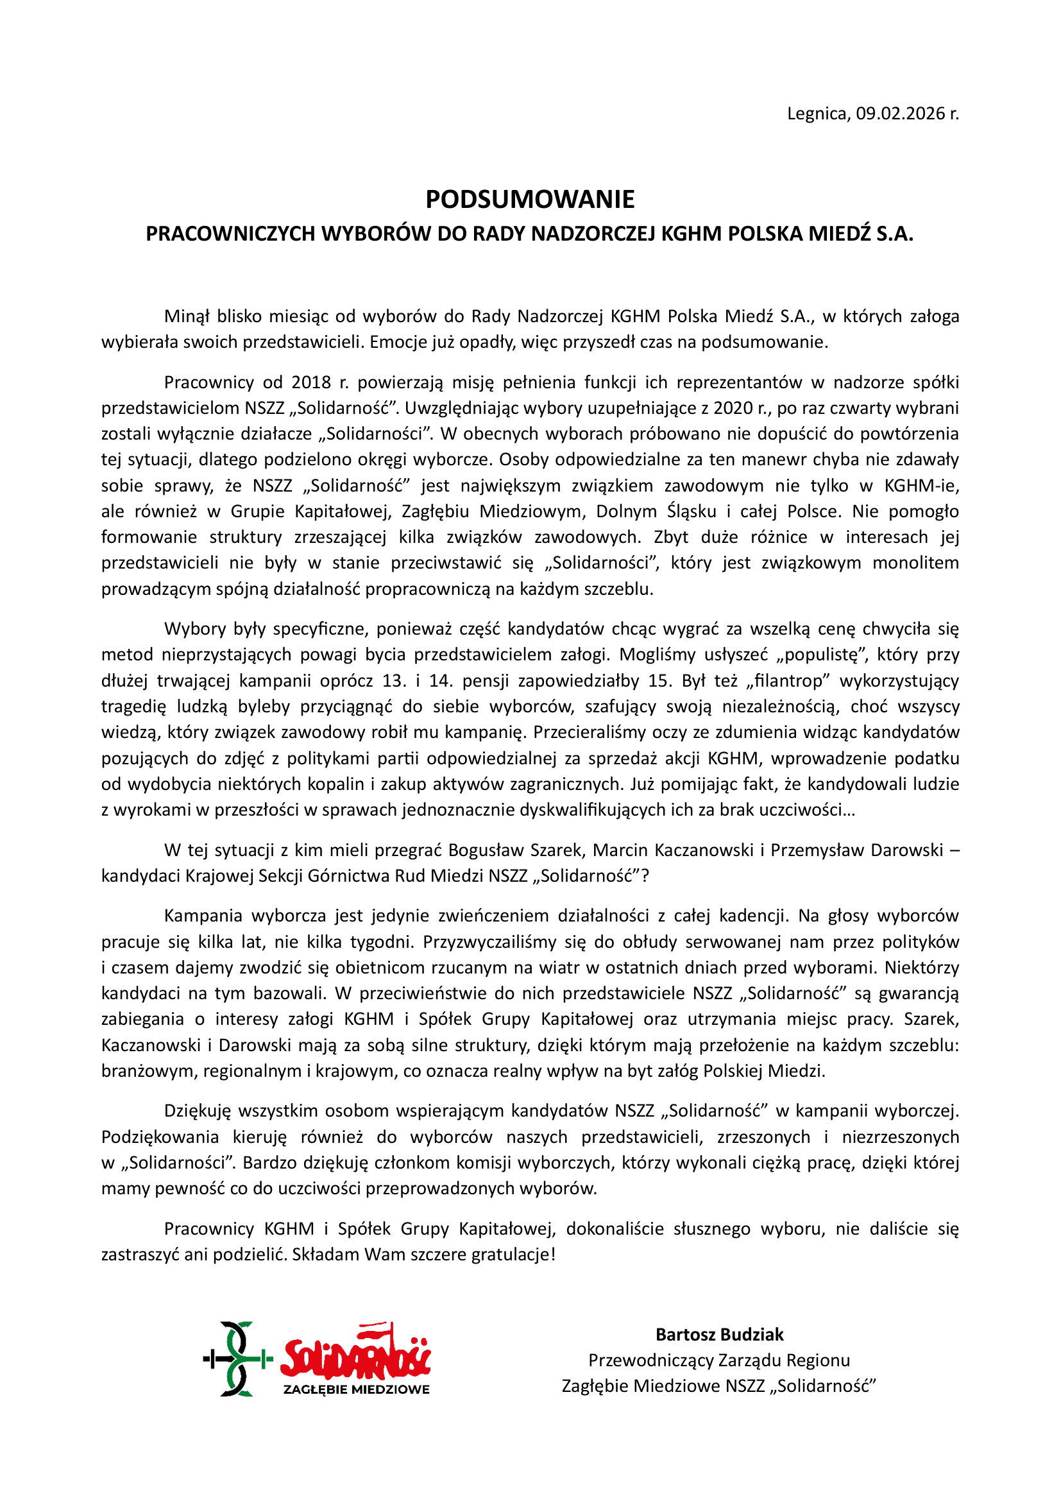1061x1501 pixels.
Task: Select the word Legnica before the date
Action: [818, 114]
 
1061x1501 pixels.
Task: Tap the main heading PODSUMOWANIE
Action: [530, 200]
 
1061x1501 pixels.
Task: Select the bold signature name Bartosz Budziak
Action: [719, 1334]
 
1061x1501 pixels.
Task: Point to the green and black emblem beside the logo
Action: [237, 1359]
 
